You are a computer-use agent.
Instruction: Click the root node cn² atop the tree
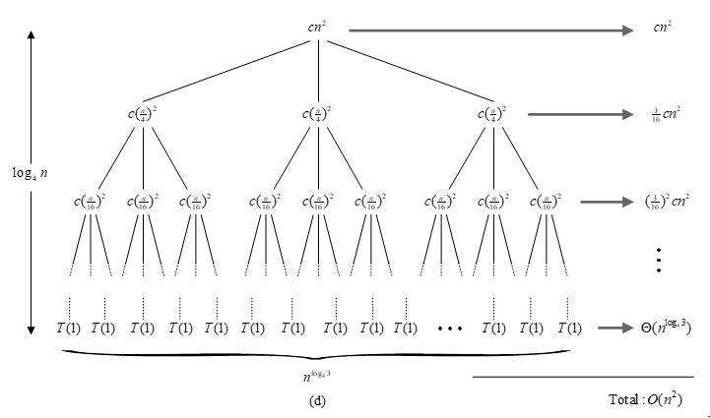pos(317,28)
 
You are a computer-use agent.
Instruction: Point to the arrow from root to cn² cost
pos(492,30)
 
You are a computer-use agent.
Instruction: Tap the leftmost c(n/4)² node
pos(144,113)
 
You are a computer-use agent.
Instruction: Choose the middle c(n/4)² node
pos(317,113)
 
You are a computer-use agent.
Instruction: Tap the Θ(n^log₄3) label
pos(660,326)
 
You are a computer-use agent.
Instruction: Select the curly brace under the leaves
pos(317,350)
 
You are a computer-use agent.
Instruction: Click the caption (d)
pos(317,399)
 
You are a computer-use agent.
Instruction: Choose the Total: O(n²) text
pos(646,399)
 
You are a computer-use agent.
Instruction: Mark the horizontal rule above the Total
pos(588,377)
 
